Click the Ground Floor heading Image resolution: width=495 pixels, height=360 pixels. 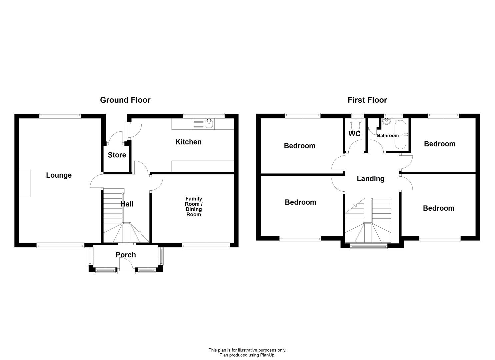(125, 100)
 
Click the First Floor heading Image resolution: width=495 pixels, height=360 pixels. (367, 100)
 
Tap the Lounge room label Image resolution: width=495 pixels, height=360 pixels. (59, 175)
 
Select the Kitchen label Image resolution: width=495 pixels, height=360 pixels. (188, 142)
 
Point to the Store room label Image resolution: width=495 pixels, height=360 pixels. (117, 155)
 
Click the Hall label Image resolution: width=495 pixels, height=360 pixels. (127, 204)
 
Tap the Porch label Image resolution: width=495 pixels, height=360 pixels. (126, 255)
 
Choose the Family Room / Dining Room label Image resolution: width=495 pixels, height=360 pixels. (194, 206)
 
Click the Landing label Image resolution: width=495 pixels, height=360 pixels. (371, 179)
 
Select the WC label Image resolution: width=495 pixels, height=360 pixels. (354, 134)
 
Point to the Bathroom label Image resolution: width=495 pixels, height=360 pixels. (388, 135)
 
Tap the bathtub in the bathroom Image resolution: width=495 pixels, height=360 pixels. (400, 134)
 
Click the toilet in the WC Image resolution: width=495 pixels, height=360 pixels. (356, 124)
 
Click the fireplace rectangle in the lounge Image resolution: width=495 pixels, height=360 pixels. (25, 183)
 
